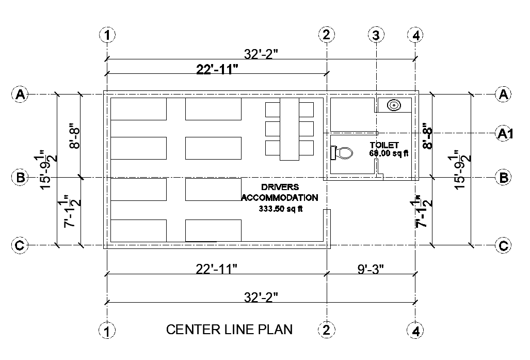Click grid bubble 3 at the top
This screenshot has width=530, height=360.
pyautogui.click(x=376, y=35)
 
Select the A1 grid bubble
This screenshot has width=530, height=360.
pyautogui.click(x=504, y=133)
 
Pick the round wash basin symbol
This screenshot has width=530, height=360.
pyautogui.click(x=394, y=105)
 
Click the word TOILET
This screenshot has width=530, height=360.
pyautogui.click(x=384, y=145)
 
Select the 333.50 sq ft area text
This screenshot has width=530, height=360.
pyautogui.click(x=280, y=209)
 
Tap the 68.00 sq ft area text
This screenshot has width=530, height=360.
pyautogui.click(x=388, y=153)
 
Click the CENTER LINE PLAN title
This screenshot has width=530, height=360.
pyautogui.click(x=229, y=330)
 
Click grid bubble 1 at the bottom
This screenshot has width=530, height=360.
pyautogui.click(x=107, y=331)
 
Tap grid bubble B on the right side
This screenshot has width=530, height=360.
pyautogui.click(x=504, y=177)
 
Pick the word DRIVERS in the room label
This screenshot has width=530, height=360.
pyautogui.click(x=280, y=186)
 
